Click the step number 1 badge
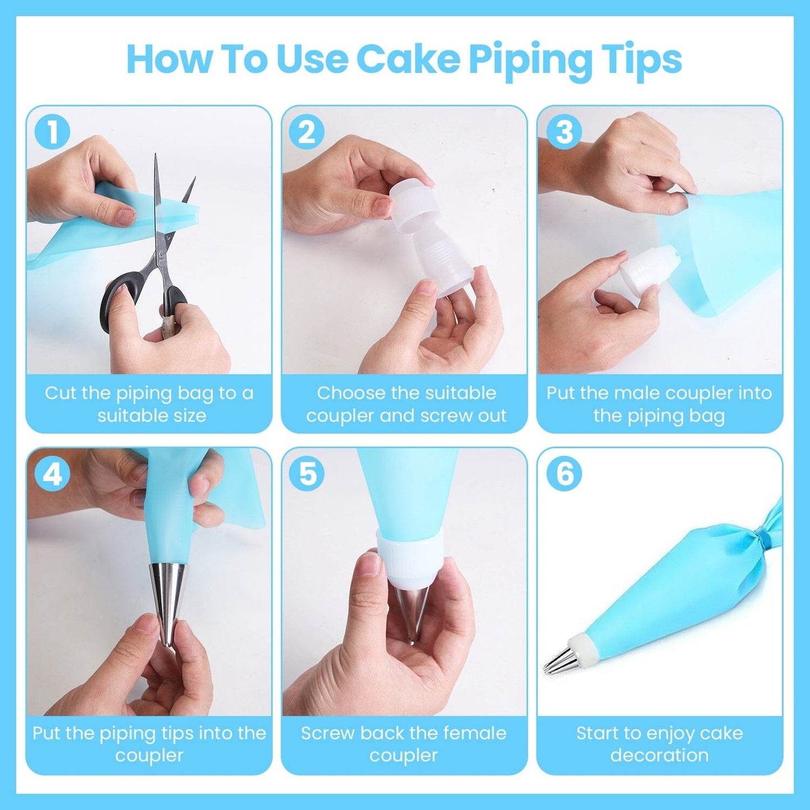(x=52, y=133)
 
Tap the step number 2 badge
(x=307, y=133)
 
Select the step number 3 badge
(x=564, y=133)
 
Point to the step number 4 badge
(x=52, y=474)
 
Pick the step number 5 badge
(x=307, y=474)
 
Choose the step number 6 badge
(x=564, y=474)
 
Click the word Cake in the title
(x=408, y=58)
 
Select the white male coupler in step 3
(x=645, y=269)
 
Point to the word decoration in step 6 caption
(x=659, y=755)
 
